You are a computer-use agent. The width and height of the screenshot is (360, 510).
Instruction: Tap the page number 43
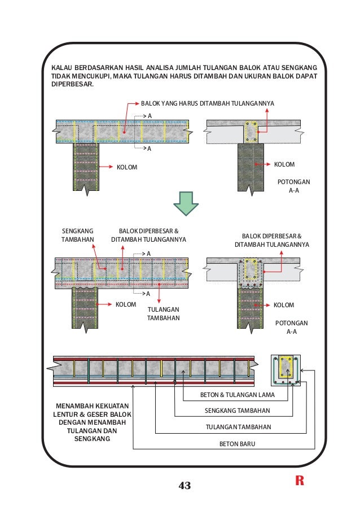[x=185, y=485]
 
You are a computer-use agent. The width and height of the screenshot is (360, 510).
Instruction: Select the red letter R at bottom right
[x=299, y=481]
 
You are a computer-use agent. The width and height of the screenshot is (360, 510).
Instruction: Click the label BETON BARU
[x=237, y=444]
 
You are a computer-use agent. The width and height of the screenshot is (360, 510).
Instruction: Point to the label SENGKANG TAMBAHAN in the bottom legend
[x=236, y=411]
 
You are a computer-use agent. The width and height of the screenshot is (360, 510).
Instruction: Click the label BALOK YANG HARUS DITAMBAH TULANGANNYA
[x=207, y=104]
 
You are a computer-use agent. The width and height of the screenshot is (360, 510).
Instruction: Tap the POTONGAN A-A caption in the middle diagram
[x=291, y=327]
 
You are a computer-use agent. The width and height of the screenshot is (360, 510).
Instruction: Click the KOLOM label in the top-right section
[x=284, y=164]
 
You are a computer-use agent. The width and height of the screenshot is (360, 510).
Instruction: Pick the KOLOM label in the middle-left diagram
[x=126, y=304]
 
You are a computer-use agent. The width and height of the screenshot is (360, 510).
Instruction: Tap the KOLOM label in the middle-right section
[x=284, y=305]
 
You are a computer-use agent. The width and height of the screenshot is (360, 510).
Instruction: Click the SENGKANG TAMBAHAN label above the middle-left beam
[x=77, y=236]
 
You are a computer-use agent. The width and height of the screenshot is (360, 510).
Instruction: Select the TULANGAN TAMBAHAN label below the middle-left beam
[x=163, y=313]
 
